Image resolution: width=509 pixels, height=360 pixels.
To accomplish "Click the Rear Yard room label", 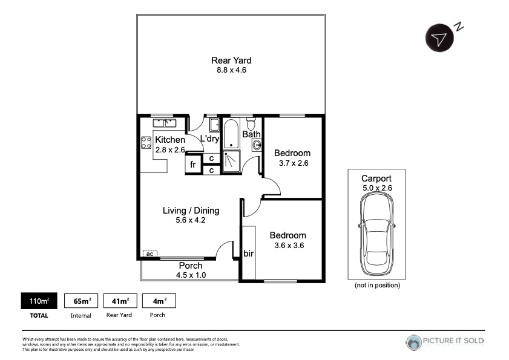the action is point(231,61).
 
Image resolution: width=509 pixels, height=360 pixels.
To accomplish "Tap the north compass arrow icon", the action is point(439,38).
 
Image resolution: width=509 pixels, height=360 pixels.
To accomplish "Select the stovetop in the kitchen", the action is point(146,143).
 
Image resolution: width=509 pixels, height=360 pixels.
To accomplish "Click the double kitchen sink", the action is point(165,123).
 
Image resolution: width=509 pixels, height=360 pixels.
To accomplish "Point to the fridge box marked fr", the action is point(193,164).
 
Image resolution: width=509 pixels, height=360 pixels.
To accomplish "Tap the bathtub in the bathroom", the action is point(231,134).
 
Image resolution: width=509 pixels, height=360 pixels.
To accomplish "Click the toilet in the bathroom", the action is point(251,123).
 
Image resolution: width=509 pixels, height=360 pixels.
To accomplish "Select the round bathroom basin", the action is point(257,145).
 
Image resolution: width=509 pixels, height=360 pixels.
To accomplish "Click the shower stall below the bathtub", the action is point(231,162).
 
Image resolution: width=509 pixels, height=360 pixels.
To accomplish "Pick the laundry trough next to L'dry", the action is point(214,125).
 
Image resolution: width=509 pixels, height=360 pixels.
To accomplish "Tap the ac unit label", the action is point(149,254).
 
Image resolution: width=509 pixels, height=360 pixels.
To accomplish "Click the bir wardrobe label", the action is point(248,253).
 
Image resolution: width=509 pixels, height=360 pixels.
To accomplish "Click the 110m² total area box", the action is point(39,301).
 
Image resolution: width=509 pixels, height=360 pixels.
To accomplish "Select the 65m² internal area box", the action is point(81,301).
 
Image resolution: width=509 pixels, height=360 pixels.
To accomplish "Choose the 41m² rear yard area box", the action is point(120,301).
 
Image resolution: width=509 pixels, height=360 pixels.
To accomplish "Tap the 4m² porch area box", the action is point(159,301).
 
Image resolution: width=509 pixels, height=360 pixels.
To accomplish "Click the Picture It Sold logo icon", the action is point(413,342).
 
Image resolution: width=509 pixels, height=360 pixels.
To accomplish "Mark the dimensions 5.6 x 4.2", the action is point(191,220).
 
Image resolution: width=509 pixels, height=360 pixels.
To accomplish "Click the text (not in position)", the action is point(377,285).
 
